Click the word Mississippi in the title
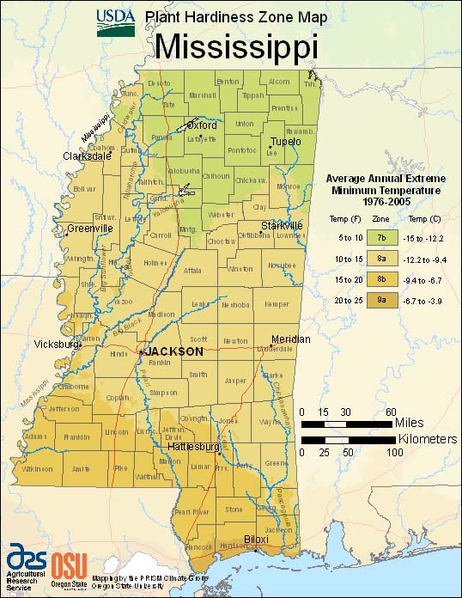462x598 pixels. [236, 46]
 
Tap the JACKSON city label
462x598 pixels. [174, 351]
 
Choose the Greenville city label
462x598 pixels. [91, 229]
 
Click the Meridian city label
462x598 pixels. [290, 339]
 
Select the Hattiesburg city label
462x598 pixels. [190, 448]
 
